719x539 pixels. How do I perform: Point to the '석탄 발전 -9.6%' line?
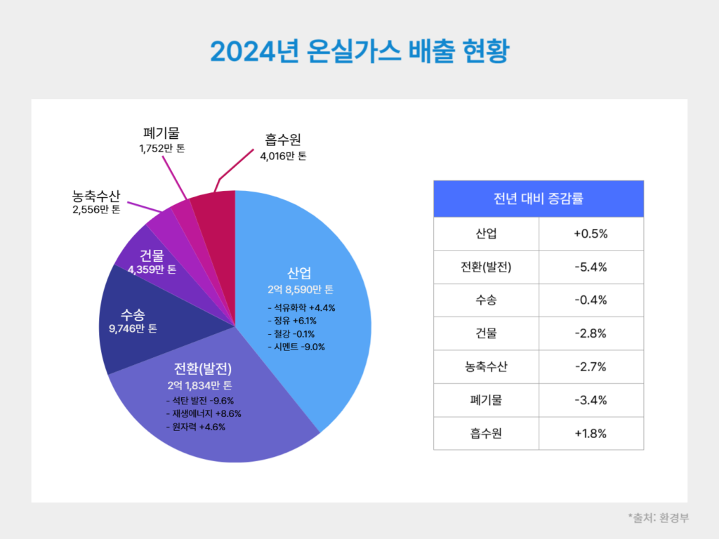(x=199, y=401)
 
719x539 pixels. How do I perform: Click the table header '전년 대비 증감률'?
(x=539, y=199)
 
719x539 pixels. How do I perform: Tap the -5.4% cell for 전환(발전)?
(x=591, y=267)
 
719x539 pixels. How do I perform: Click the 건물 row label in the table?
(x=486, y=333)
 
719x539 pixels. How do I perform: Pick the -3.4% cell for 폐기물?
(x=591, y=400)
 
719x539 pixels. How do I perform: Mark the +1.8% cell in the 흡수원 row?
(x=591, y=433)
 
